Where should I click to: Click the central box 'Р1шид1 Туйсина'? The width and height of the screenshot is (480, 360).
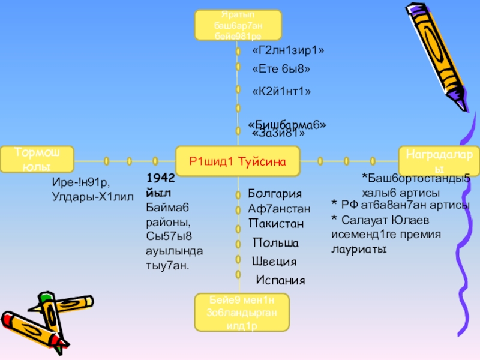coord(237,161)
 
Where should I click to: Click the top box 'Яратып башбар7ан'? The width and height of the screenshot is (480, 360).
coord(238,26)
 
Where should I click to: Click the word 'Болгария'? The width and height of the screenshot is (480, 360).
coord(274,195)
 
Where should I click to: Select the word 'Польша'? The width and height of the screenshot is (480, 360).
coord(275,244)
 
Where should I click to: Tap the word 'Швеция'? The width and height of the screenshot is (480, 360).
coord(274,262)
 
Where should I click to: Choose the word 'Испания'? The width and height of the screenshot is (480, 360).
coord(280,280)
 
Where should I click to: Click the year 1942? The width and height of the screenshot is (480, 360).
coord(160,179)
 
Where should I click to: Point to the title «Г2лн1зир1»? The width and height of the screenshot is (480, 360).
coord(288,51)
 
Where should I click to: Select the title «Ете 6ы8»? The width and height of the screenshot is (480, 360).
coord(281,69)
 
